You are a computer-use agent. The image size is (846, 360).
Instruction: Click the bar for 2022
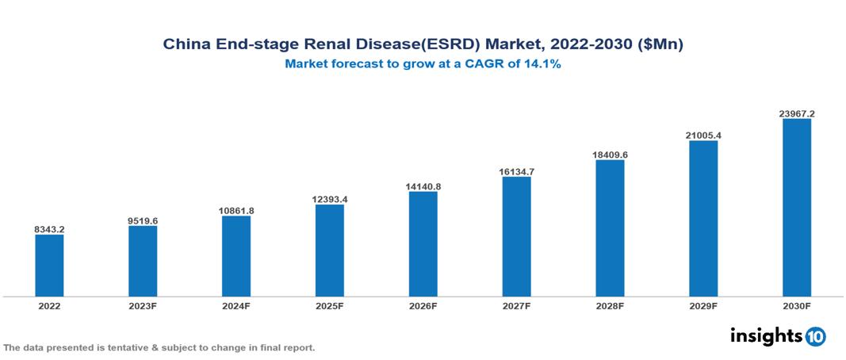tap(49, 266)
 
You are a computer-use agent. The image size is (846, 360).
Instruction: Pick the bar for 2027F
tap(516, 236)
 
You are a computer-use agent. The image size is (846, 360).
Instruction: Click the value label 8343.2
tap(49, 229)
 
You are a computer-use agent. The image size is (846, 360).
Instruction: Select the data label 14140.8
tap(423, 186)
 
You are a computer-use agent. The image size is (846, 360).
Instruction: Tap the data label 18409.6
tap(610, 155)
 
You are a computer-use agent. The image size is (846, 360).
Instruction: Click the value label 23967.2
tap(796, 113)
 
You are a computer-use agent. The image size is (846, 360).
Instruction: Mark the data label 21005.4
tap(703, 136)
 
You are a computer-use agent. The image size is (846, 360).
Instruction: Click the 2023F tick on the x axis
tap(143, 305)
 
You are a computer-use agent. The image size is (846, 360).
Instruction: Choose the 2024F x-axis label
tap(236, 305)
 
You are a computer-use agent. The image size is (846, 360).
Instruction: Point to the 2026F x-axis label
tap(423, 305)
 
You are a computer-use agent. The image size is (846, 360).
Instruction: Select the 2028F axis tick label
tap(610, 305)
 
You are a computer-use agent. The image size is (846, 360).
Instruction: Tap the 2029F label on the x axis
tap(703, 305)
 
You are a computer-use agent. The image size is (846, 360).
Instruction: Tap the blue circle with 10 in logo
tap(815, 336)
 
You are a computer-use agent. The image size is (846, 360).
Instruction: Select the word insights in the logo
tap(765, 335)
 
